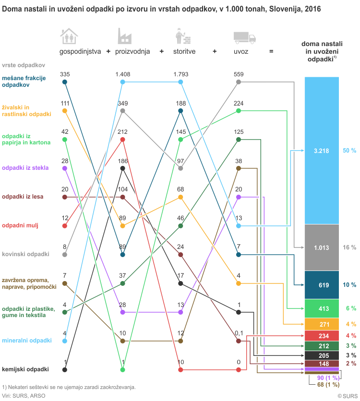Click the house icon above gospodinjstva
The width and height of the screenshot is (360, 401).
point(69,36)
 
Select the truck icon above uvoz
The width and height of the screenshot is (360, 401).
point(244,37)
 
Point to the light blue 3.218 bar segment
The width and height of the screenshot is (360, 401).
point(322,151)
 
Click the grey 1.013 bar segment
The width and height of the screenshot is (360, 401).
point(322,248)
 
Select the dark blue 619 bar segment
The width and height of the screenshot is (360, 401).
point(322,285)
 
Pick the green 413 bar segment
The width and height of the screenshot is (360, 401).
point(322,308)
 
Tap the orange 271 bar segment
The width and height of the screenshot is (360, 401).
point(322,324)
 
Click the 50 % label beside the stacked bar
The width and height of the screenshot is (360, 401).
point(349,151)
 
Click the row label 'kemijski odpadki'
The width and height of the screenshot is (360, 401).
point(25,369)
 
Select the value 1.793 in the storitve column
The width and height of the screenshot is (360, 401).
point(180,74)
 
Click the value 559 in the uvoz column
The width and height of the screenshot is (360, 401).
point(239,74)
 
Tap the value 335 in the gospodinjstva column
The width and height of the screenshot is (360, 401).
point(65,74)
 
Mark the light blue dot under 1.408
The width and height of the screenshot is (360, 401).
point(123,82)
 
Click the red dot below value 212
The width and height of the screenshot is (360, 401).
point(123,140)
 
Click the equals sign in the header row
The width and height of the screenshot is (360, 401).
point(271,51)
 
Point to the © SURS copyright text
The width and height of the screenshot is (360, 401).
point(348,396)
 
